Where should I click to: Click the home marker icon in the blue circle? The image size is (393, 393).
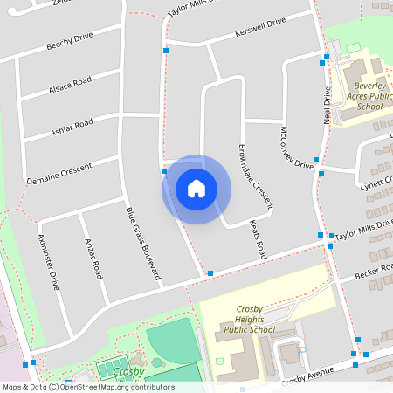point(196,189)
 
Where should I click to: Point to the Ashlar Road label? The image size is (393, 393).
point(72,128)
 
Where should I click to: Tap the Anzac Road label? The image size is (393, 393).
point(93,257)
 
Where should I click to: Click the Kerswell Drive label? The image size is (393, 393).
point(260,28)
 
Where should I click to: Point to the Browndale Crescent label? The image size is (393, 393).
point(256,175)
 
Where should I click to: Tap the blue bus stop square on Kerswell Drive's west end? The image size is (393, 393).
point(166,51)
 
